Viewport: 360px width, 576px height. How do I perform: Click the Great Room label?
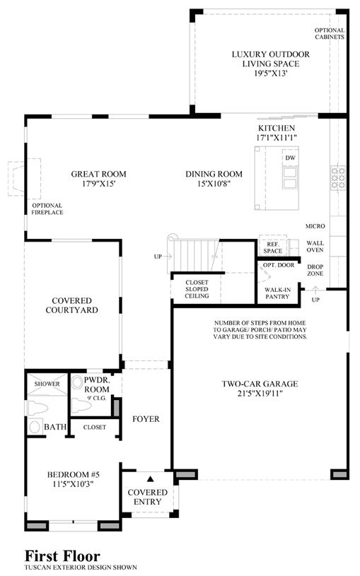tap(98, 174)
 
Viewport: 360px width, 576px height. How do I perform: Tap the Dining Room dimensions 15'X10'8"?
tap(214, 184)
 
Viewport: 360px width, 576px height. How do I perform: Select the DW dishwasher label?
tap(291, 158)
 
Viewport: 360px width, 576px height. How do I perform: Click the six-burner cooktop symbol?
tap(338, 178)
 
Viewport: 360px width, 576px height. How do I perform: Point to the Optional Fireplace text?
tap(47, 209)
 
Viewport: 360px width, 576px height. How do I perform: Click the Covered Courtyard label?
tap(71, 305)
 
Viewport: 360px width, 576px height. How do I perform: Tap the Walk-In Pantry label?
tap(278, 293)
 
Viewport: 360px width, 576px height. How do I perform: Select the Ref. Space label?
tap(273, 247)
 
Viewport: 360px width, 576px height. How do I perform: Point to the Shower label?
tap(47, 384)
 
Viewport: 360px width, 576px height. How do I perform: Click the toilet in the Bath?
tap(38, 408)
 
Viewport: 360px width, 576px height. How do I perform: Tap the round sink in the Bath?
tap(35, 427)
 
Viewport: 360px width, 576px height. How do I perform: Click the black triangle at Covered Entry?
tap(150, 478)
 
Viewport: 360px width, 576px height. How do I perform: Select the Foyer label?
tap(146, 419)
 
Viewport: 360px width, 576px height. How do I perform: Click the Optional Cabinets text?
tap(330, 33)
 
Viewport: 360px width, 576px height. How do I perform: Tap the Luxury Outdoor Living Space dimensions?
tap(271, 73)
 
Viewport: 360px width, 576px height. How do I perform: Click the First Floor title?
tap(62, 556)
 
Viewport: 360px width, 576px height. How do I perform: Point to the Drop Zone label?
tap(315, 270)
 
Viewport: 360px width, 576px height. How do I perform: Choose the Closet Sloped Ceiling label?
tap(197, 289)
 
